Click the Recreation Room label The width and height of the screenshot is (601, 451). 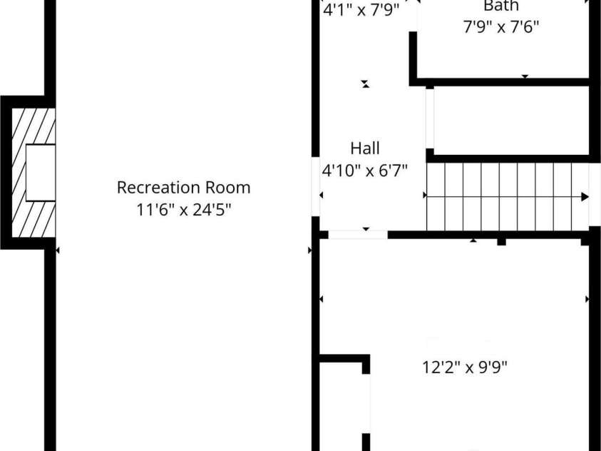point(184,188)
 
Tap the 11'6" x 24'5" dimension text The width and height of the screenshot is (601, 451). point(184,210)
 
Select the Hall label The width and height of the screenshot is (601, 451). point(365,148)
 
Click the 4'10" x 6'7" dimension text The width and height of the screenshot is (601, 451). point(364,171)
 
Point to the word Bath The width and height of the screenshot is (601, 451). point(501,6)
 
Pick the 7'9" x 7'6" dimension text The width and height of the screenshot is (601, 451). point(501,27)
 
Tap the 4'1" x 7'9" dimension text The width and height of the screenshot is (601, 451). point(361,11)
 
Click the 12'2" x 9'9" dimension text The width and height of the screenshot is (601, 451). point(465,367)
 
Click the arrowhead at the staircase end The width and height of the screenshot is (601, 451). point(585,197)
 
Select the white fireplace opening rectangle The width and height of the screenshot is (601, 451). point(41,173)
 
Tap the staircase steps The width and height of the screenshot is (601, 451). point(508,197)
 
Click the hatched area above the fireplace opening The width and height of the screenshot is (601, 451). point(34,126)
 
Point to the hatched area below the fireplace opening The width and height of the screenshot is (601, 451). point(34,218)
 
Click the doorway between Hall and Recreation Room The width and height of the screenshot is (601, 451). point(315,186)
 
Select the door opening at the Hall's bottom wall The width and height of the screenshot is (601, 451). point(358,235)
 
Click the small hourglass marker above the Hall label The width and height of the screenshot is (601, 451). point(366,83)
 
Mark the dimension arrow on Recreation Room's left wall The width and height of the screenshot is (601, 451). point(58,250)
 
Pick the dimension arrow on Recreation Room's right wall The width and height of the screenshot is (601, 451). point(309,250)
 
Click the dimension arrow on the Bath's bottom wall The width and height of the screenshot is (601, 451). point(525,76)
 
